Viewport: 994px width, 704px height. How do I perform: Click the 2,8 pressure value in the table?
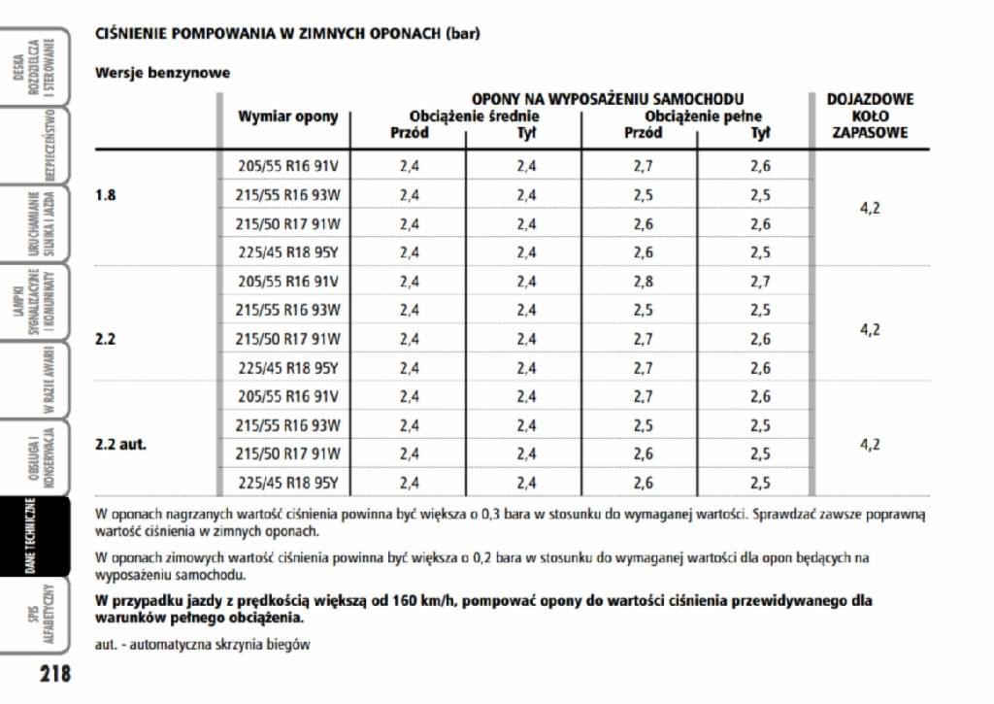(643, 282)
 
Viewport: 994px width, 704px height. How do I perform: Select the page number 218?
(55, 673)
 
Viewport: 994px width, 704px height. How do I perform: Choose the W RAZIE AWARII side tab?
(35, 381)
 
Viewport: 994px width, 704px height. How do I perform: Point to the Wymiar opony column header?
(288, 117)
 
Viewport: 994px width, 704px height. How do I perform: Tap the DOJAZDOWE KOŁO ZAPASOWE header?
(870, 115)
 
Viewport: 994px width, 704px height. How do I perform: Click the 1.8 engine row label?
(106, 195)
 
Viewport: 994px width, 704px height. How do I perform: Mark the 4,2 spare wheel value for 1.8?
(870, 209)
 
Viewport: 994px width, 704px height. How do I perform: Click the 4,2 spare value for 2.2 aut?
(870, 445)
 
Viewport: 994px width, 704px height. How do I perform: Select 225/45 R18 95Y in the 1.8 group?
(288, 252)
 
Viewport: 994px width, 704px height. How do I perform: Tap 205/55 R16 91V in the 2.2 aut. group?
(288, 396)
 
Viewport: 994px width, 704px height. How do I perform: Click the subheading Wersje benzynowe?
(162, 73)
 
